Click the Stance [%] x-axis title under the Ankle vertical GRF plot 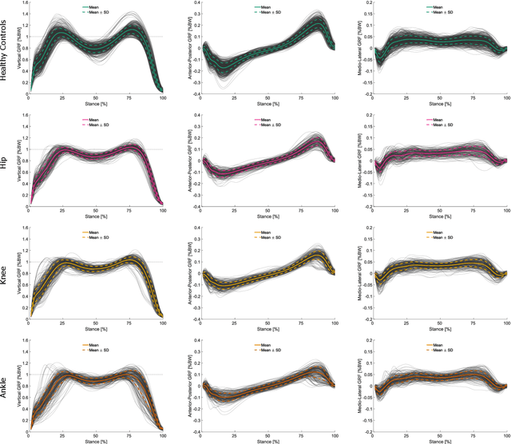click(x=97, y=439)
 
